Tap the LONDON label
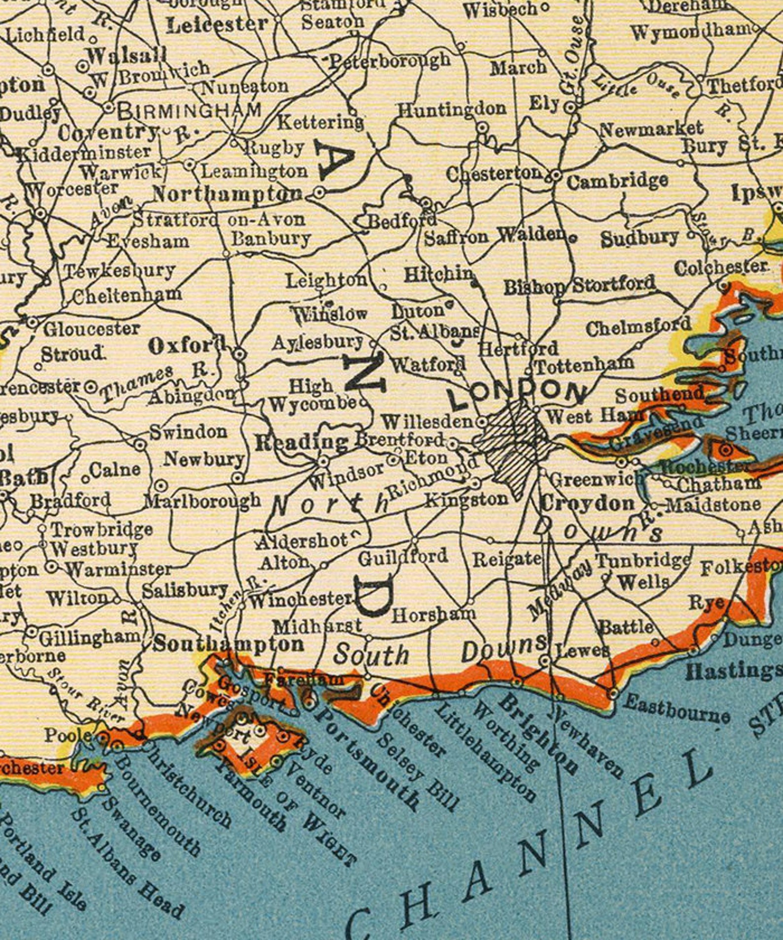518,392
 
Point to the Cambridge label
617,181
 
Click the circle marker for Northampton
320,193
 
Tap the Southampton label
228,644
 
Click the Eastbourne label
676,710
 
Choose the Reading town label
301,443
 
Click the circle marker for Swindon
141,444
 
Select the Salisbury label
185,590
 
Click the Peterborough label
390,61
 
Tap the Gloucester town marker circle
33,323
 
